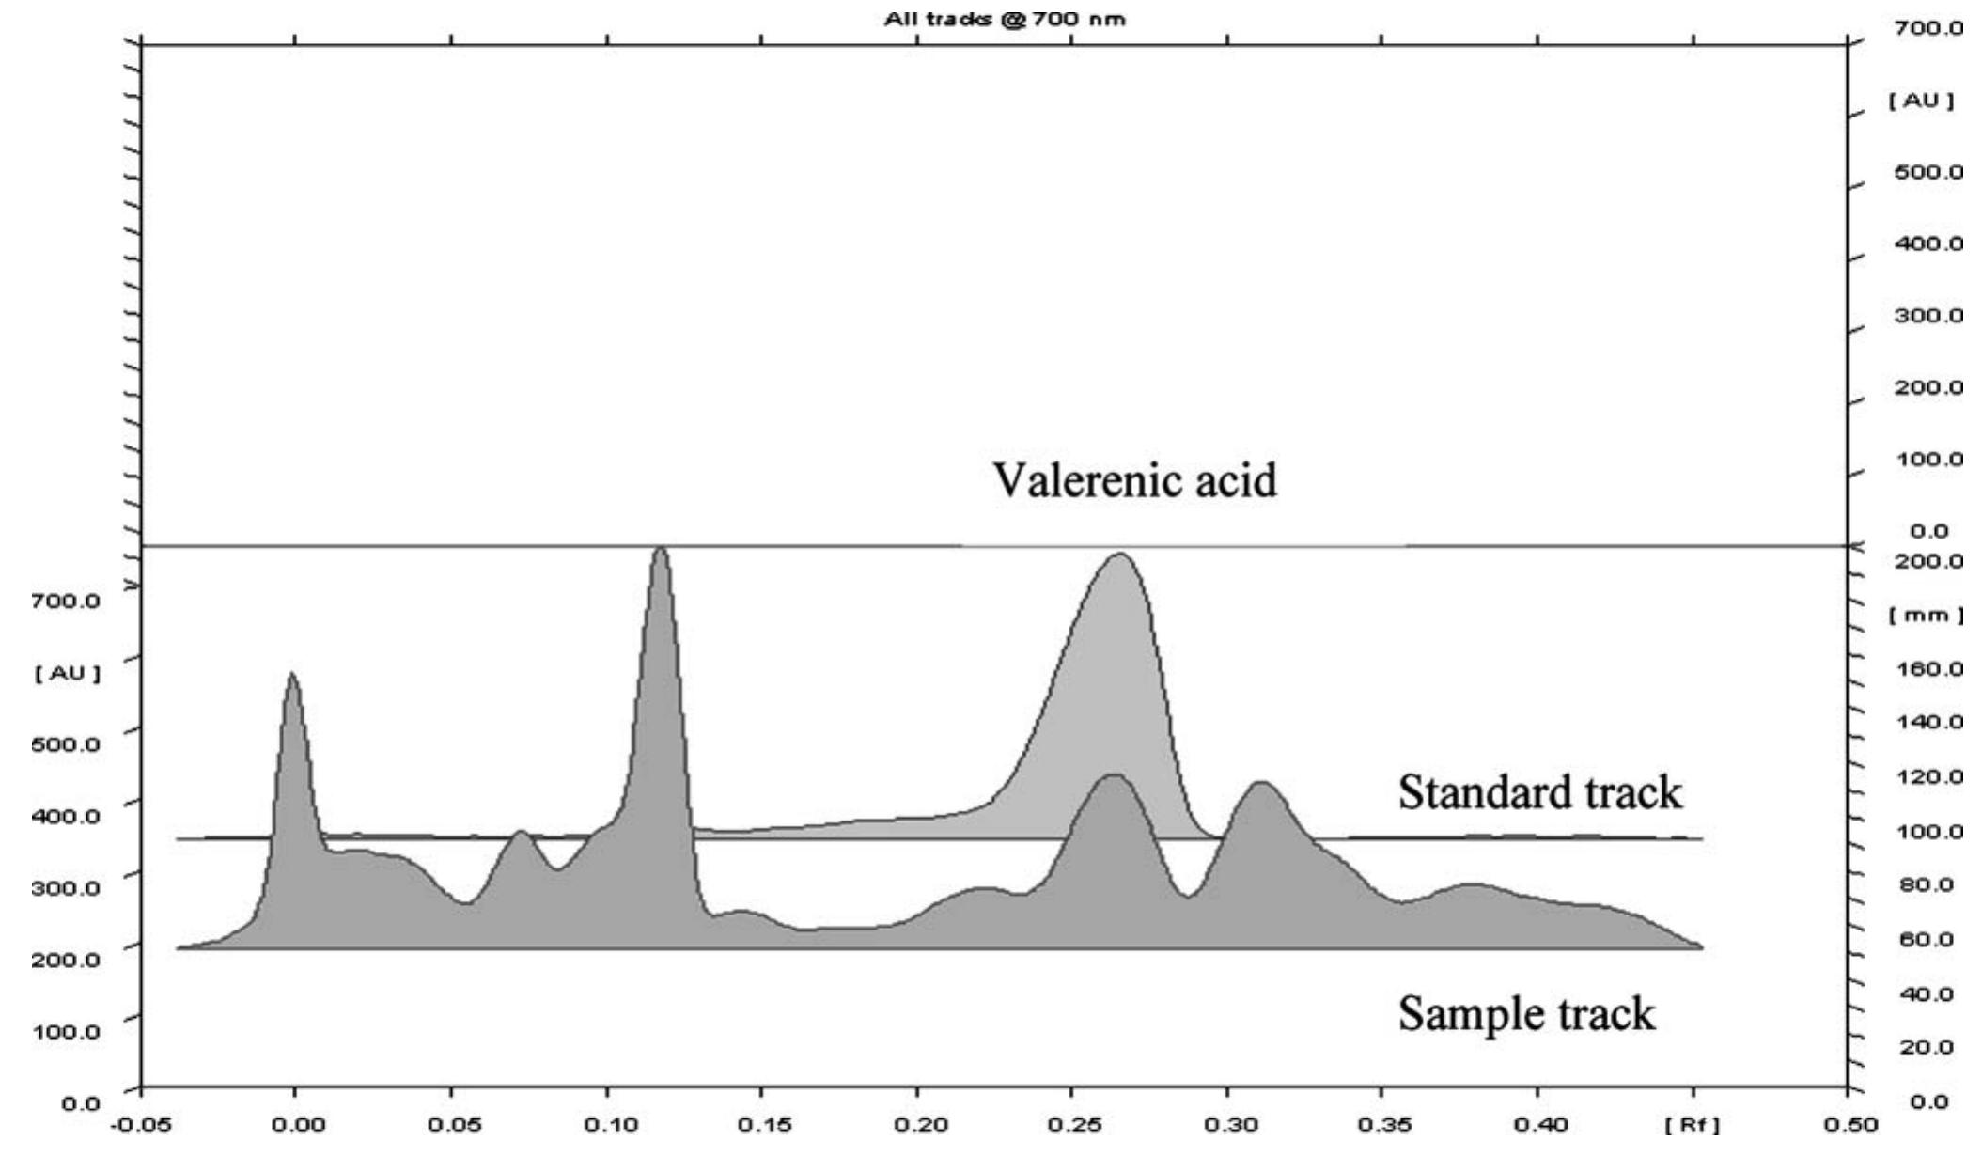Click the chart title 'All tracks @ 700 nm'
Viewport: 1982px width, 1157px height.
tap(1004, 19)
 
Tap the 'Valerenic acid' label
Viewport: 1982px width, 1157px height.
tap(1135, 480)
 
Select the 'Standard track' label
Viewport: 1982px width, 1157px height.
tap(1539, 792)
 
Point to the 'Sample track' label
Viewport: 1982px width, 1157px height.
tap(1526, 1014)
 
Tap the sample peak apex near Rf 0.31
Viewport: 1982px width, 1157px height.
tap(1260, 783)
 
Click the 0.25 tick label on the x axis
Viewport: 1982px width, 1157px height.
tap(1072, 1125)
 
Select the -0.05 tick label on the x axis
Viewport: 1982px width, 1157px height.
tap(140, 1125)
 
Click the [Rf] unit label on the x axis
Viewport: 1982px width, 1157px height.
tap(1692, 1125)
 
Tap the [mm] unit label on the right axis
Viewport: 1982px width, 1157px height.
tap(1926, 616)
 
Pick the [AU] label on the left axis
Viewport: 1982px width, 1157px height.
tap(67, 673)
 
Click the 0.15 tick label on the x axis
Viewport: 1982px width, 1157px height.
tap(762, 1125)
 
